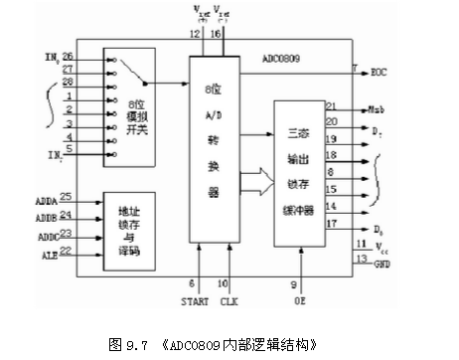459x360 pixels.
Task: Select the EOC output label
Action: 380,72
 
